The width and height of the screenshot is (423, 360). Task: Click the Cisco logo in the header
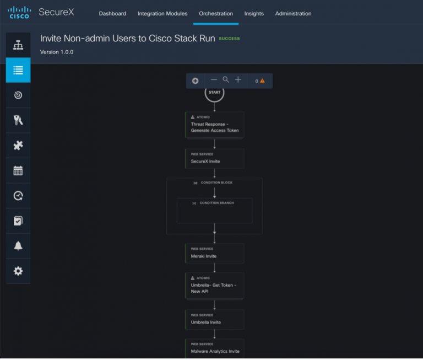point(19,12)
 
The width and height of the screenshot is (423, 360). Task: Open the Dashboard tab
point(112,13)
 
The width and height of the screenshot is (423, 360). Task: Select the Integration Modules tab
point(162,13)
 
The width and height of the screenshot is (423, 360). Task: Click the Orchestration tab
point(215,13)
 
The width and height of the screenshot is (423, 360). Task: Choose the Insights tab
point(254,13)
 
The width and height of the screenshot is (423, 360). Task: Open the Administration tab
point(293,13)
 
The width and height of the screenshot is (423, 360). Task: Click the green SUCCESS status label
point(229,39)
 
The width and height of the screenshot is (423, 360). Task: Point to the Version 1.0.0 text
point(57,52)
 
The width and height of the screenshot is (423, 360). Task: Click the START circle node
point(214,93)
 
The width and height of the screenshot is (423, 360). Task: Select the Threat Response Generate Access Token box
point(214,125)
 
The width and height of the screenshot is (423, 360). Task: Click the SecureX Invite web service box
point(214,159)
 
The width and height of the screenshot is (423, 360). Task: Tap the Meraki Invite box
point(214,254)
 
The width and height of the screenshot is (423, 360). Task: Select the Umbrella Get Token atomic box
point(214,286)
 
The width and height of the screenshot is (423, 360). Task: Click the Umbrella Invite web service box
point(214,320)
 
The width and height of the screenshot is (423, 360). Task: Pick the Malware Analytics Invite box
point(214,348)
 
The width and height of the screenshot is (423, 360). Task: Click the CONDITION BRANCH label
point(216,203)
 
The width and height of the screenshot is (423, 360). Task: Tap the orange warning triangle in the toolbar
point(262,80)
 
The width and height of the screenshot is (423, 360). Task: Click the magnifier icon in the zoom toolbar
point(226,80)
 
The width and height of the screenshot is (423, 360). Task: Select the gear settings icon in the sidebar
point(18,271)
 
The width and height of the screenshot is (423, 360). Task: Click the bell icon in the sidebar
point(18,246)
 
